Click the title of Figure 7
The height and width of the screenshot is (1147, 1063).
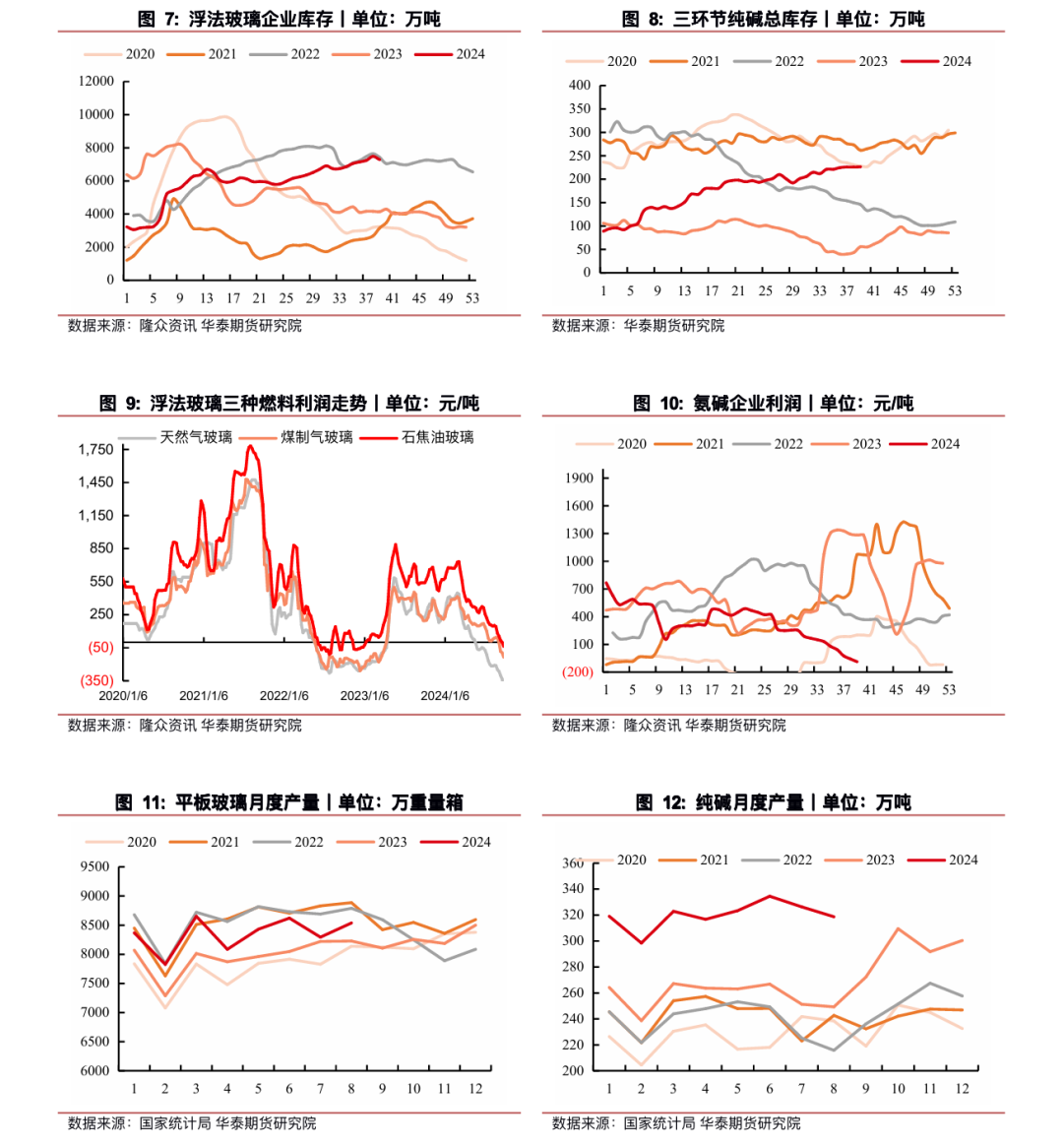click(x=289, y=19)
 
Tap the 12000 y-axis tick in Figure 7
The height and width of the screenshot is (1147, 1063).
click(x=96, y=82)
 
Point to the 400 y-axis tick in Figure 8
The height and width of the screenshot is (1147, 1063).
click(x=580, y=86)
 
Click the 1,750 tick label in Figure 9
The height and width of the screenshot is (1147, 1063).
click(x=96, y=450)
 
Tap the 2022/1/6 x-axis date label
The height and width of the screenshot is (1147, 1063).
click(x=283, y=696)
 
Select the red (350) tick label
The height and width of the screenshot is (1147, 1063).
click(x=96, y=680)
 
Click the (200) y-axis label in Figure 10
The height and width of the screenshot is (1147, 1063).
click(x=578, y=672)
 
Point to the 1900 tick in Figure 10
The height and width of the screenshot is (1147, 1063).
click(x=580, y=478)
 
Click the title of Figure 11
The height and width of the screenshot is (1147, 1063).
click(x=289, y=802)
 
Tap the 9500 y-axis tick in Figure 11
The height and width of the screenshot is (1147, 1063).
click(x=94, y=867)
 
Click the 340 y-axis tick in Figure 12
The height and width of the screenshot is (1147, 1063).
click(x=573, y=889)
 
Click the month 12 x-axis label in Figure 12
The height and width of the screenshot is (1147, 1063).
click(x=962, y=1089)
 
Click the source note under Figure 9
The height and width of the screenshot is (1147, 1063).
click(x=185, y=726)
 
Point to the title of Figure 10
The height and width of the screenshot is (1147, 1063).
click(x=774, y=403)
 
